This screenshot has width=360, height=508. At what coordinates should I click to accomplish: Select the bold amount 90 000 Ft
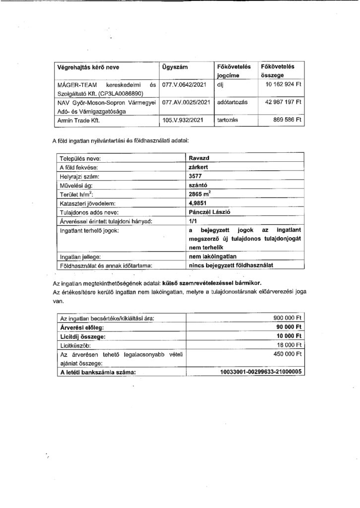[289, 327]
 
